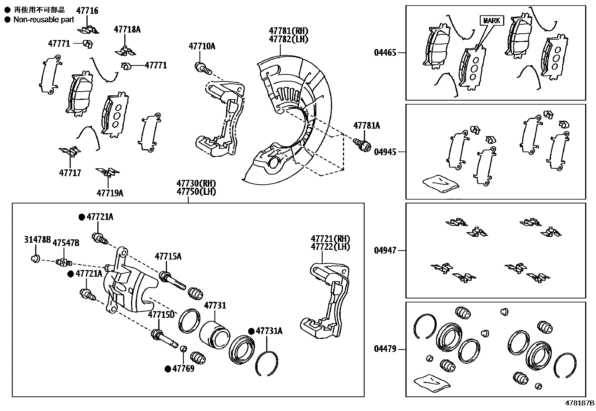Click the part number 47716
87,10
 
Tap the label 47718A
127,29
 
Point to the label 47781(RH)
288,31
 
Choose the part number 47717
70,173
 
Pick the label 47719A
110,193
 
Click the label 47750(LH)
196,192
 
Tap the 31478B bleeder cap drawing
36,258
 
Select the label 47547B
66,243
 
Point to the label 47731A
269,331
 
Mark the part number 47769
183,368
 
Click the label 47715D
161,315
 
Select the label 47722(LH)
331,247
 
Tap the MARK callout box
492,21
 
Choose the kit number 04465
385,53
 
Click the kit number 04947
385,251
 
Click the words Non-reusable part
44,20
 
